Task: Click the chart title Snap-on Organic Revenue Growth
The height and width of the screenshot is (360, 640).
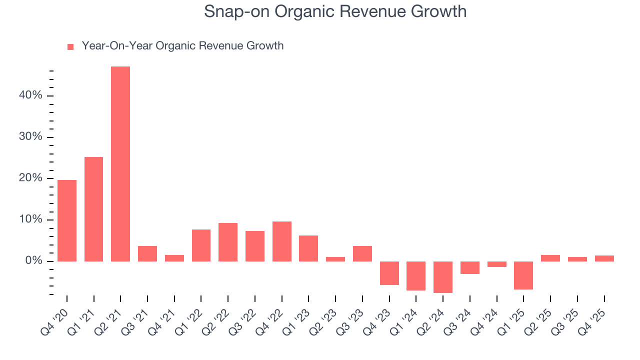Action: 335,11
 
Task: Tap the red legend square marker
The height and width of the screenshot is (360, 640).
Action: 70,46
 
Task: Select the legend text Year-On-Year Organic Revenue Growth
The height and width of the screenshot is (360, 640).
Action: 182,46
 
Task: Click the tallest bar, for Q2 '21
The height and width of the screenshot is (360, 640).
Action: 120,164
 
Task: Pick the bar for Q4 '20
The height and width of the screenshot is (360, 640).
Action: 67,220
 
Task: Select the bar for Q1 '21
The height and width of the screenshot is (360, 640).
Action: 94,209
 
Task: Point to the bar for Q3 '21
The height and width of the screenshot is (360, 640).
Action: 147,253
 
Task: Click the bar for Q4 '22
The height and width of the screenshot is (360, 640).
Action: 282,241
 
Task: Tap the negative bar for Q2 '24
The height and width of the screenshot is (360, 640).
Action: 443,277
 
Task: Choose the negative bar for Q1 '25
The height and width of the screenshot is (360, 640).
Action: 523,275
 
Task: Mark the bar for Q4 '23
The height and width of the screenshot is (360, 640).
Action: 389,273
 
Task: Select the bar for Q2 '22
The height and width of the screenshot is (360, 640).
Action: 228,242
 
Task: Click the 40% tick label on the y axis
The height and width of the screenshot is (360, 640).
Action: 30,95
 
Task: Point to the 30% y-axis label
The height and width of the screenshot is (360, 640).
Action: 30,137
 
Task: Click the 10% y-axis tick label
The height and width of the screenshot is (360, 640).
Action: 30,220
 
